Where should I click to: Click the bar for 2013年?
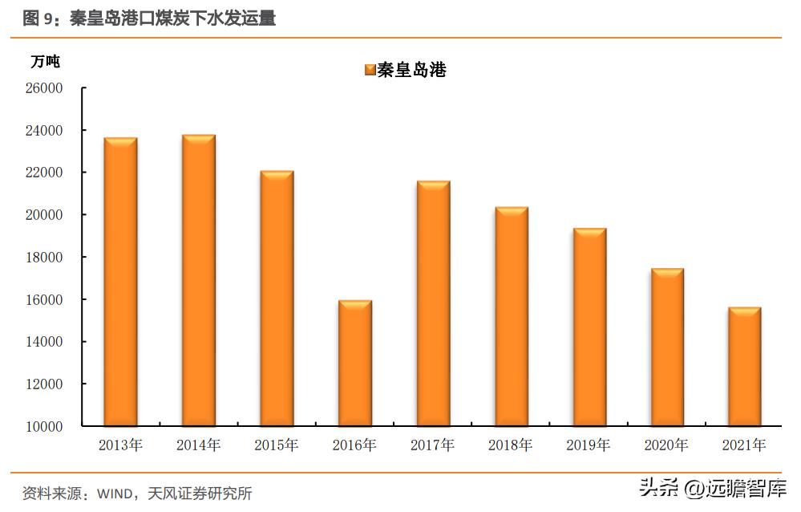point(120,282)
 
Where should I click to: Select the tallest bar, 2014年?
point(198,280)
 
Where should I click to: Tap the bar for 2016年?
point(354,363)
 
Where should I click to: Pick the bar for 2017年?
point(433,303)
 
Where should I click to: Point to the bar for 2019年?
point(589,327)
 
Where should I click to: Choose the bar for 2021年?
point(744,366)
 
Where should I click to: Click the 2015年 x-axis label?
point(277,445)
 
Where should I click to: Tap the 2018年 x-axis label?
point(511,445)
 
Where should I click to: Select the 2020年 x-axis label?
point(666,445)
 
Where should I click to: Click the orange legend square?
point(370,70)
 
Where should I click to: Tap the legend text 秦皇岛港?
point(411,70)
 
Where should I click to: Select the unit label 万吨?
point(45,61)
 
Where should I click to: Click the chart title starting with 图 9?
point(149,18)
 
